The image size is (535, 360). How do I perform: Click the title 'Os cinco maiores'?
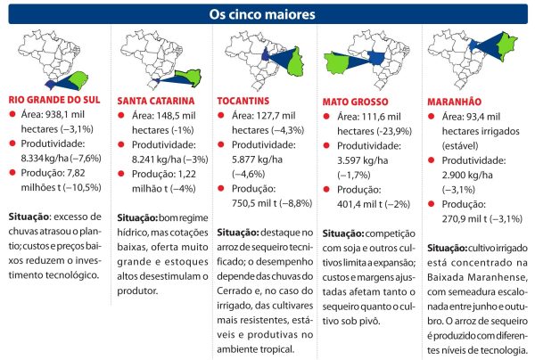tap(267, 14)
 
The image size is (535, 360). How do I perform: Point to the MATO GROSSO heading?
tap(358, 102)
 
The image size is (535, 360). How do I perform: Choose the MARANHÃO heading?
tap(458, 101)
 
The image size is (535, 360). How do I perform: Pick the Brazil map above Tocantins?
tap(263, 58)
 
